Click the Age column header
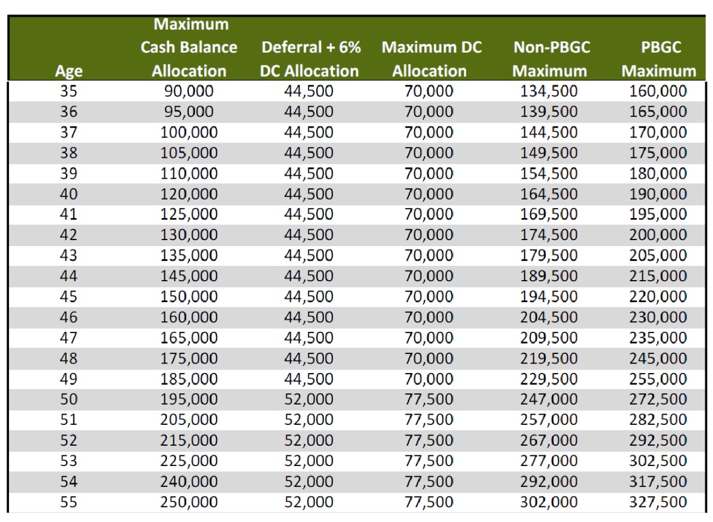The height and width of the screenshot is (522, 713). click(69, 71)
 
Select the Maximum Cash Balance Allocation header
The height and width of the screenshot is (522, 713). click(189, 47)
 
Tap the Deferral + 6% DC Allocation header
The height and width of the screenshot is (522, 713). click(310, 59)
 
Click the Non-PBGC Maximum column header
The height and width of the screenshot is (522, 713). click(550, 59)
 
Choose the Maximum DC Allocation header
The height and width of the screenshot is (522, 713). click(431, 59)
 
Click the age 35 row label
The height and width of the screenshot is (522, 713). click(69, 91)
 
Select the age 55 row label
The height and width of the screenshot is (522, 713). click(69, 502)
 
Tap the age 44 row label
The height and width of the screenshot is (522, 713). click(69, 276)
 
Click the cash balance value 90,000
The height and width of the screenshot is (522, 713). click(189, 91)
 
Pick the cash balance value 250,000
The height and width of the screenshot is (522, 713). click(189, 502)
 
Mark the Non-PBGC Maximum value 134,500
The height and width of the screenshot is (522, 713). click(549, 91)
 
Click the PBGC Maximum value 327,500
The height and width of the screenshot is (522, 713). click(658, 502)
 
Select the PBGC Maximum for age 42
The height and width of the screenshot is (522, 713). click(658, 235)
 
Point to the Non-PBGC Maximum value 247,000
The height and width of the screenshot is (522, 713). click(549, 399)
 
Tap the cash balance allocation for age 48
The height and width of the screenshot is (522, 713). click(189, 358)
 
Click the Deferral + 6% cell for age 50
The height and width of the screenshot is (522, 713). click(309, 399)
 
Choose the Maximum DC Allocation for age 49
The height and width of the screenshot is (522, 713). click(429, 379)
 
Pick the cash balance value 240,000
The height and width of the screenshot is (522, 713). click(189, 481)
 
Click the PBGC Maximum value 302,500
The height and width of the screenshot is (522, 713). click(658, 461)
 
